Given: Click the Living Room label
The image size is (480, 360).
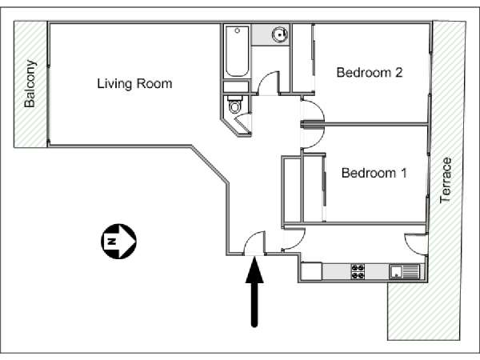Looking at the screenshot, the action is (x=134, y=83).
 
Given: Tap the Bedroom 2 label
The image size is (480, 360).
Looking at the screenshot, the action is (x=370, y=73).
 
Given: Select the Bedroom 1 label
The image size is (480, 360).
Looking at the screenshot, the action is (x=374, y=173).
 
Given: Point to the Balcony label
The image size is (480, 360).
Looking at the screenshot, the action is (x=30, y=83).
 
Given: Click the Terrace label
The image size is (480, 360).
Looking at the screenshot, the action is (x=446, y=180).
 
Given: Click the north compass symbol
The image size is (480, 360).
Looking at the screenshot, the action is (x=118, y=242).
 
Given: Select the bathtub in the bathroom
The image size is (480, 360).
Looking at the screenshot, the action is (x=238, y=51).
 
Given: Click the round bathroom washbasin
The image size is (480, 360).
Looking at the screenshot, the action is (x=280, y=34).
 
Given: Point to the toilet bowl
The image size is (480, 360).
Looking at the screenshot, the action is (x=235, y=106).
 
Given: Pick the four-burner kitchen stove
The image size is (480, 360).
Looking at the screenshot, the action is (x=358, y=271).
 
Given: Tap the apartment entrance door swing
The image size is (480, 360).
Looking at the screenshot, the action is (x=254, y=242).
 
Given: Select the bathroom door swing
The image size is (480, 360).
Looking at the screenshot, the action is (x=269, y=82).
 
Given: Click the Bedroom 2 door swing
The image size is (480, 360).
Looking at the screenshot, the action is (x=313, y=111).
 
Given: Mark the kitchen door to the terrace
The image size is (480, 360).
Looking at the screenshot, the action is (x=416, y=244).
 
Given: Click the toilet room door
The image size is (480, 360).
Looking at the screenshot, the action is (x=244, y=122).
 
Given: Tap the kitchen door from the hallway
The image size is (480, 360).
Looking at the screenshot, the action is (x=294, y=238).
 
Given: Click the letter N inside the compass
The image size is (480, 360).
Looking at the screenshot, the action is (x=112, y=242).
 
